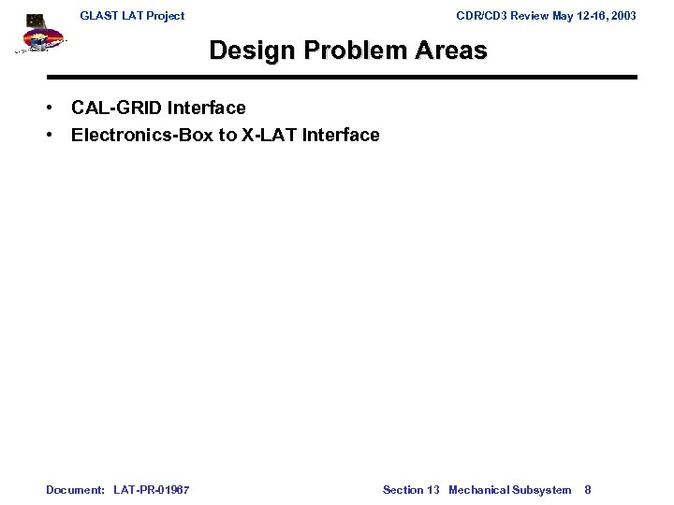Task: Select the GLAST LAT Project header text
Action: [132, 16]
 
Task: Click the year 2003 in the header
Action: [621, 16]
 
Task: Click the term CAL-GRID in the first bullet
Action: [116, 108]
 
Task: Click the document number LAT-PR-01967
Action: [151, 490]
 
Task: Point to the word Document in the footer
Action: [75, 490]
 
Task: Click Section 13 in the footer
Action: [411, 490]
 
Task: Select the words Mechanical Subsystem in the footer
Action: [509, 490]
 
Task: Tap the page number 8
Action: [588, 490]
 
